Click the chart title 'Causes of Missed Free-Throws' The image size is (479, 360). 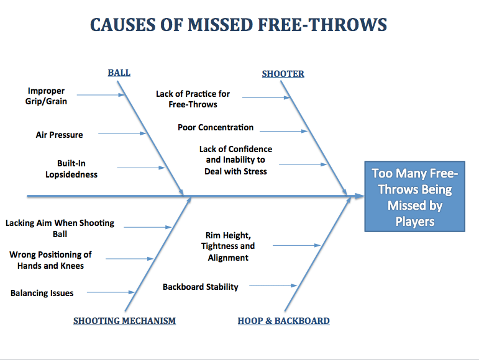pos(239,25)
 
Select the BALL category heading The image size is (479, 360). pos(119,73)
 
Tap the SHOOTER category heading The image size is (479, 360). pos(283,74)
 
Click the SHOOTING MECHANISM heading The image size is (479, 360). pos(124,321)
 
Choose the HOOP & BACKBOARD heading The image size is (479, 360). pos(283,321)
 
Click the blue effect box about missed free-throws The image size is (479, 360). pos(414,197)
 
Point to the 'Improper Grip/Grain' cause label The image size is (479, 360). pos(46,96)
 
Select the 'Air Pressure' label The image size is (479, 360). pos(59,134)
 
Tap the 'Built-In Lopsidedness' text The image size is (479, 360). pos(71,169)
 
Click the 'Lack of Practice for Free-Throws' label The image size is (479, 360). pos(193,99)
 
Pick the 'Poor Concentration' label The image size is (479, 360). pos(216,127)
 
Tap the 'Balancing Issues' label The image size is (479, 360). pos(42,293)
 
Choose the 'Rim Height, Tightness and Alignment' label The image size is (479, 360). pos(228,246)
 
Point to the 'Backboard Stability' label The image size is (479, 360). pos(200,287)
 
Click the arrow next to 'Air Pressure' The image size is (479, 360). pos(122,133)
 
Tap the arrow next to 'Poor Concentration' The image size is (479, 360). pos(283,131)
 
